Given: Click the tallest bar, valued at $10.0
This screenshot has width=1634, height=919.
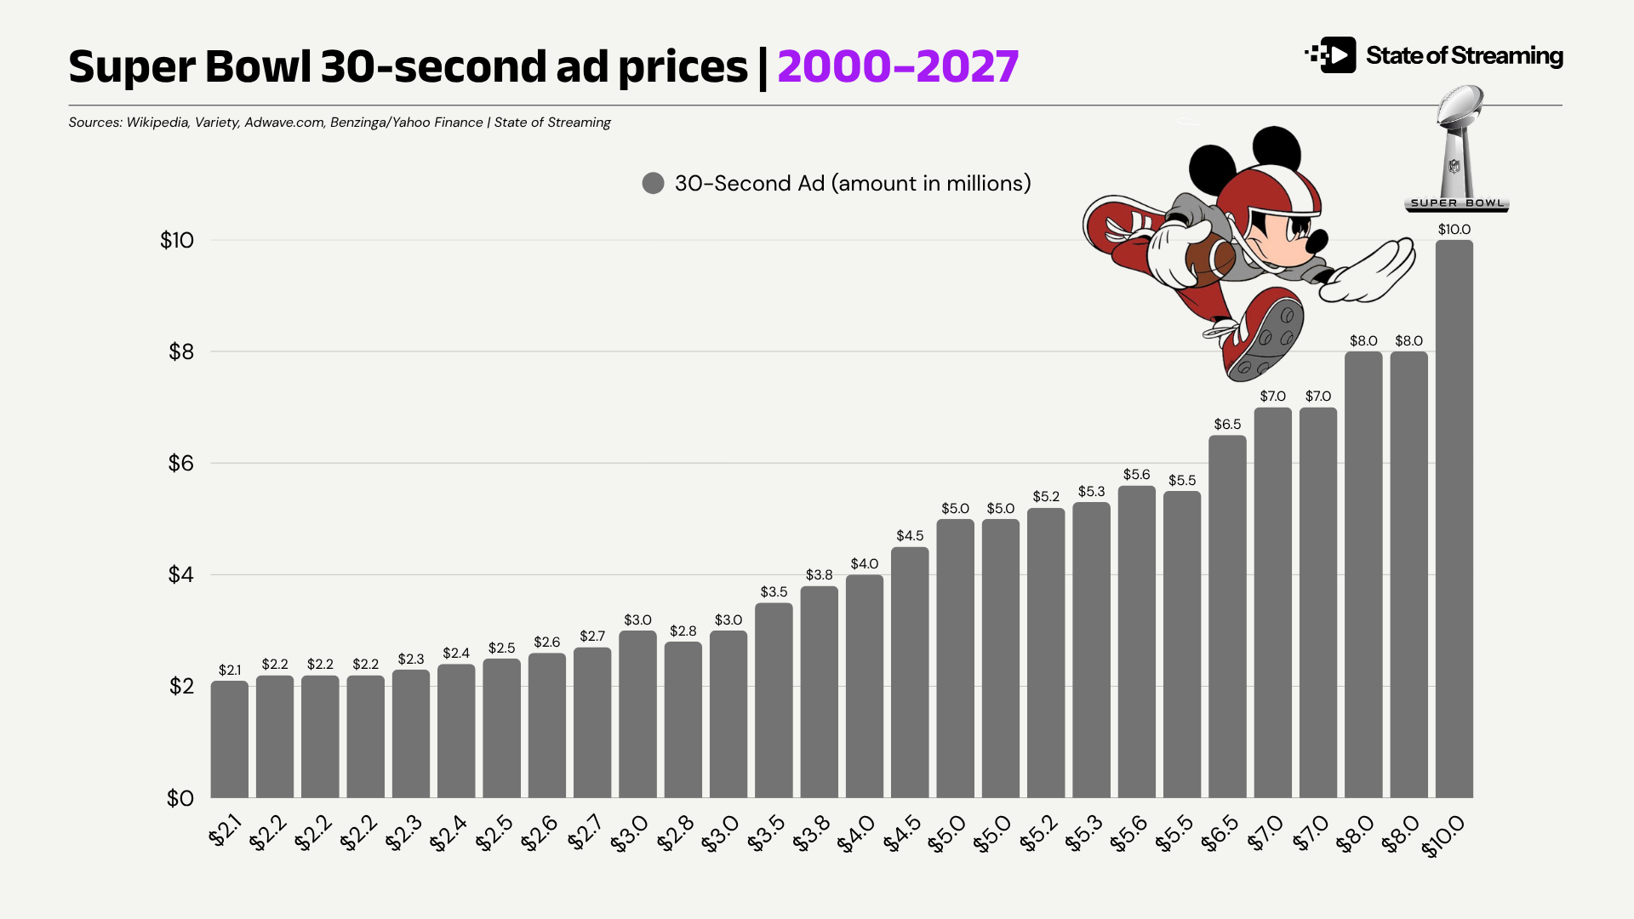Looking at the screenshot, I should coord(1454,519).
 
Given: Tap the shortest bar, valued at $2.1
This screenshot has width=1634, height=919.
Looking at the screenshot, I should coord(230,739).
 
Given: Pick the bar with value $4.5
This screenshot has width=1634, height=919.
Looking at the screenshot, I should coord(910,672).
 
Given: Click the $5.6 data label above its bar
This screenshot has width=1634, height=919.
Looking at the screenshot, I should coord(1136,475).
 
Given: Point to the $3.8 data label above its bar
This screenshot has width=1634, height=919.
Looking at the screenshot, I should coord(819,575).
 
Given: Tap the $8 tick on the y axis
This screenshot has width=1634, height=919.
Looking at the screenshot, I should coord(181,351).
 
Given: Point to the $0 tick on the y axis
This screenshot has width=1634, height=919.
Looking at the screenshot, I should coord(180,798).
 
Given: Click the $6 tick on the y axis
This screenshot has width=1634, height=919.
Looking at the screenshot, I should coord(181,463).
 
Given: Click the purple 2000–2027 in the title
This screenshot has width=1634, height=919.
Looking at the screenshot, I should coord(898,66).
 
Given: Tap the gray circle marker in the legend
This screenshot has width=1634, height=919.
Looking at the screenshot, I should coord(653,183).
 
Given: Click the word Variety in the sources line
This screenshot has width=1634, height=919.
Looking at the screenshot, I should coord(216,123).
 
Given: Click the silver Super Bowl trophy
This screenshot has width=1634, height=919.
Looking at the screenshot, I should coord(1457,145).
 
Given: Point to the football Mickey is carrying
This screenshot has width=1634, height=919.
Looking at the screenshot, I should coord(1208,260).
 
